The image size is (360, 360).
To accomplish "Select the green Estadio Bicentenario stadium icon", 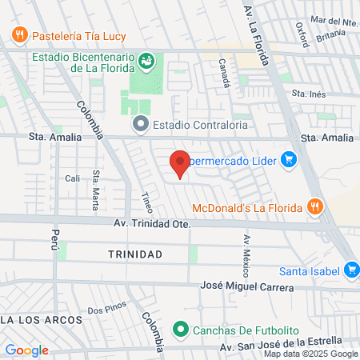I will [x=146, y=60].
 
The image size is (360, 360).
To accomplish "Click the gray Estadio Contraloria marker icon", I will [x=141, y=123].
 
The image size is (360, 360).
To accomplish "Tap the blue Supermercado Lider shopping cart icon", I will [x=290, y=161].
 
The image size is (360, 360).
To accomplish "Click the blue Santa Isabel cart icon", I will [x=350, y=270].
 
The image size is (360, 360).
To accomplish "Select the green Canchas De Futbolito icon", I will [x=181, y=330].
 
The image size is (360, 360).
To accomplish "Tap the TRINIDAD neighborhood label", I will [x=135, y=254].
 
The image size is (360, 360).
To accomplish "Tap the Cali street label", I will [x=73, y=178].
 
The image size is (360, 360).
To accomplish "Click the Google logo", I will [x=26, y=350].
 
